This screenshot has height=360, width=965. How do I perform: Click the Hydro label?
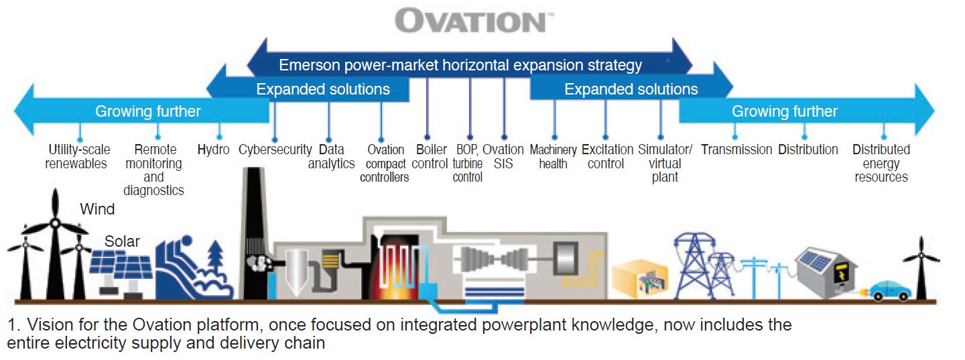213,149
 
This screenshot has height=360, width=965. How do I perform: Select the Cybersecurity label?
275,149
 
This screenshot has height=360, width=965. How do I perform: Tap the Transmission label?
736,149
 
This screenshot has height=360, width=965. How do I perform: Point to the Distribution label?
808,149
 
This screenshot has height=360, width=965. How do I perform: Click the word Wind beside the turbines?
97,209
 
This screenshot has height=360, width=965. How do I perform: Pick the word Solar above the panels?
122,241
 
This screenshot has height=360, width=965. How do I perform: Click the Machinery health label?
553,156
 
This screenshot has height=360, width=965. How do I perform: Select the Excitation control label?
607,156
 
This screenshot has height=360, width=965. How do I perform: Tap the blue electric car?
889,291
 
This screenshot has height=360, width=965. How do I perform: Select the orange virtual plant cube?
640,279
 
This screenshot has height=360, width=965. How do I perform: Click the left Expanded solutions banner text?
323,89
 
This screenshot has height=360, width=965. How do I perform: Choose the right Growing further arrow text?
785,111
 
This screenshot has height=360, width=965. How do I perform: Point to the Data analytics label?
331,156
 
